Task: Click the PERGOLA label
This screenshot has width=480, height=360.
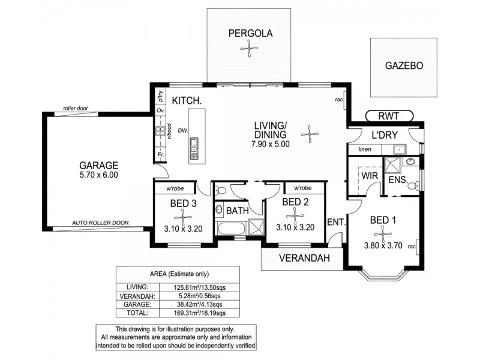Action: coord(251,34)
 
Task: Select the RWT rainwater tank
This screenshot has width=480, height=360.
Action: coord(388,115)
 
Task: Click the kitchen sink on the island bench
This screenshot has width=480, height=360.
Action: coord(194,147)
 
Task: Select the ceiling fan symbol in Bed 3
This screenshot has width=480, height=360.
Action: coord(183,217)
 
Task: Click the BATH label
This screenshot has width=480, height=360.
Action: coord(238,211)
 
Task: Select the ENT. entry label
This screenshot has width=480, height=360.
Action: coord(337,223)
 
